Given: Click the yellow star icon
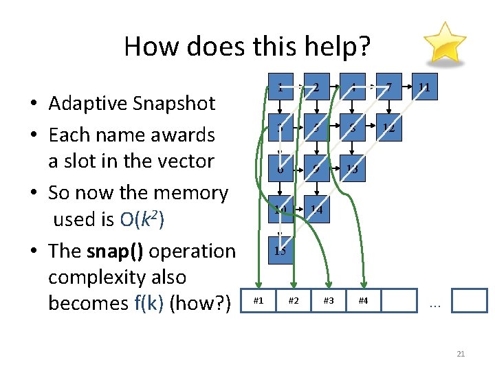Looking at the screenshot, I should click(x=444, y=43).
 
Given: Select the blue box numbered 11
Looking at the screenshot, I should click(x=424, y=87).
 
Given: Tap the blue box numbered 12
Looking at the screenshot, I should click(x=388, y=128).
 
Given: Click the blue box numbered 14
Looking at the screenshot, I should click(x=316, y=210).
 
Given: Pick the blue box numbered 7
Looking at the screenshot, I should click(x=388, y=87).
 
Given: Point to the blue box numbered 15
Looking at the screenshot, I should click(x=280, y=250).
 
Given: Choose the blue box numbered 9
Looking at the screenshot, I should click(x=316, y=168).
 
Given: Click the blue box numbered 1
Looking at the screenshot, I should click(x=280, y=87).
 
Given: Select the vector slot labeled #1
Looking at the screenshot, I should click(x=258, y=300).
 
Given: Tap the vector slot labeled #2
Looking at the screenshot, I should click(x=294, y=300).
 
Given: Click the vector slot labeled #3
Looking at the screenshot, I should click(x=329, y=300).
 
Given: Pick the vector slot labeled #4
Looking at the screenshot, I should click(x=364, y=300).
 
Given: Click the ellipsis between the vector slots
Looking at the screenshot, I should click(x=434, y=303).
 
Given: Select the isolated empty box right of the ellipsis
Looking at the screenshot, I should click(x=470, y=300).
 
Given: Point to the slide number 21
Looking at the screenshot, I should click(x=461, y=354).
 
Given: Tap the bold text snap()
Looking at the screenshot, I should click(x=115, y=251).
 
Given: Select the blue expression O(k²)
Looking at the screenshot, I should click(x=142, y=220).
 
